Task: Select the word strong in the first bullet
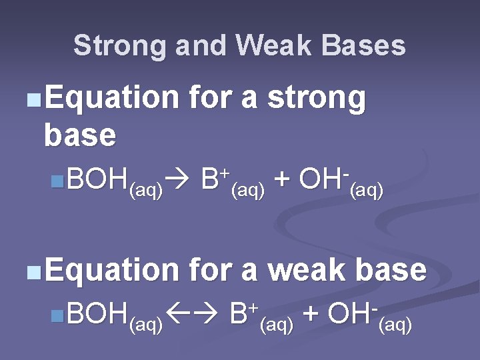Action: pyautogui.click(x=317, y=99)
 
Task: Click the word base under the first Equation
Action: pyautogui.click(x=79, y=135)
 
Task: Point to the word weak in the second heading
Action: pyautogui.click(x=307, y=270)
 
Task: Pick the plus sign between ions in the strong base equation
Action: pyautogui.click(x=282, y=181)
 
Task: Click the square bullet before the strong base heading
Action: pyautogui.click(x=33, y=101)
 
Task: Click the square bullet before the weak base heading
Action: pyautogui.click(x=33, y=272)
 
